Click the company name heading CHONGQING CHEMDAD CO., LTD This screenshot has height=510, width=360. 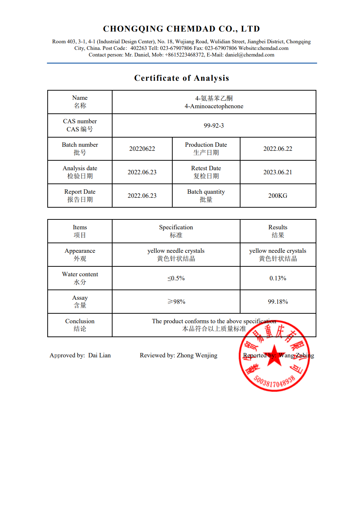181,29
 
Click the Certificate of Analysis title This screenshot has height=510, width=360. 181,78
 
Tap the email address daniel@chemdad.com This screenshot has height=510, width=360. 249,55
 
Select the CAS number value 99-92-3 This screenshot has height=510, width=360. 214,125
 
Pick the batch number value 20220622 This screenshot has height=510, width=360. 142,149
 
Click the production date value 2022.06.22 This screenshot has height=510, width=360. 278,149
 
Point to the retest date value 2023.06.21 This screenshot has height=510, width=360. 278,172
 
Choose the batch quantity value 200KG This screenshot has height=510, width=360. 278,196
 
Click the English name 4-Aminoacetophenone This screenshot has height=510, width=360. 214,106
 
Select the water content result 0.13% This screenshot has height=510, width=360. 278,278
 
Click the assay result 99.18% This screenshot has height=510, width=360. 278,302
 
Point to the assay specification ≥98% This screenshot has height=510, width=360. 176,302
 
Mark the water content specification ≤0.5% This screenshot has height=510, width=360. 176,278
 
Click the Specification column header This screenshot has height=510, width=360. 176,227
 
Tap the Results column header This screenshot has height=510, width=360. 278,227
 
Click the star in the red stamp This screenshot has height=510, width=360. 274,356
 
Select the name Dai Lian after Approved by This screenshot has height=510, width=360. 99,355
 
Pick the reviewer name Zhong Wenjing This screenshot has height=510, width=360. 197,355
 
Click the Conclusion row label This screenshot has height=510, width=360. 80,321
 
